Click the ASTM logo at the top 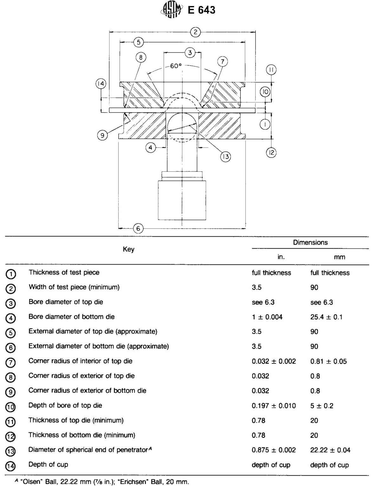172,10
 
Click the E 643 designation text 201,10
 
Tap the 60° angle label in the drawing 176,66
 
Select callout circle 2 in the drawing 195,32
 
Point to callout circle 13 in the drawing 225,157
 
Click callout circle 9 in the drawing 102,135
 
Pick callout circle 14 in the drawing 101,84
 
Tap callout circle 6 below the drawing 138,228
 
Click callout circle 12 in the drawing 271,153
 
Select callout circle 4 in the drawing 151,147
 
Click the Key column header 128,249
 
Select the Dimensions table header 310,242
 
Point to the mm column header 339,257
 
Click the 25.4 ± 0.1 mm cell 326,317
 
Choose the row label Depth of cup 48,464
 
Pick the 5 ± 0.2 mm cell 322,406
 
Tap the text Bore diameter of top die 66,302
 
